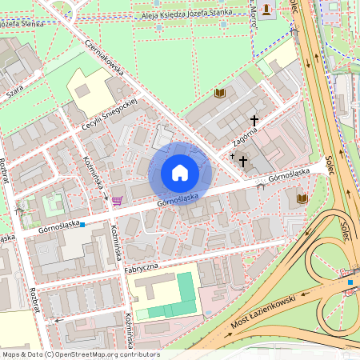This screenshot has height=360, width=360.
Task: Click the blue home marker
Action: [x=180, y=173]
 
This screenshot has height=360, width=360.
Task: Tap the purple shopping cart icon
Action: [x=117, y=200]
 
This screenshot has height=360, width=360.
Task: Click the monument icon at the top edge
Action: [x=266, y=7]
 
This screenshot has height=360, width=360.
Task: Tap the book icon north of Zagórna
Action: [x=219, y=94]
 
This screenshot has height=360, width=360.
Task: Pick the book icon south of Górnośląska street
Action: [x=302, y=198]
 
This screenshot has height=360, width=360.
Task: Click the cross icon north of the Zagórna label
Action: [x=254, y=120]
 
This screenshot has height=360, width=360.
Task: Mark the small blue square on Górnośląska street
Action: [x=82, y=225]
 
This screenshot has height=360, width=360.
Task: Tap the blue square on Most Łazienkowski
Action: [x=350, y=281]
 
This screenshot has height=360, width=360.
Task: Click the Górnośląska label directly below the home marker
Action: [x=178, y=198]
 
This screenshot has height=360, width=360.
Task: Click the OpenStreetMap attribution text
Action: [x=80, y=354]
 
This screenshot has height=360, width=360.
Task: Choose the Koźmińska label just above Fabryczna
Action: [x=116, y=242]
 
